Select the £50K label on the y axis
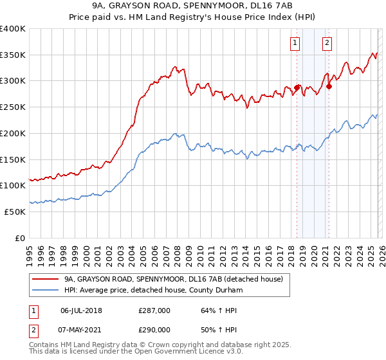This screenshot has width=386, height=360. point(15,212)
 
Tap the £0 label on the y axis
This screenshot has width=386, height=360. point(20,238)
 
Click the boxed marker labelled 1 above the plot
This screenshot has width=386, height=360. point(295,43)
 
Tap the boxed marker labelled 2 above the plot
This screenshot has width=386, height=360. point(327,43)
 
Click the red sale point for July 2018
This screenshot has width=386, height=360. point(297,87)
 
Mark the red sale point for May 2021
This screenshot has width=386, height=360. point(329,85)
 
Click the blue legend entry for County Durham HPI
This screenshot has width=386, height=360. point(153,291)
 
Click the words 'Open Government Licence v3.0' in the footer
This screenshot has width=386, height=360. point(191,353)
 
